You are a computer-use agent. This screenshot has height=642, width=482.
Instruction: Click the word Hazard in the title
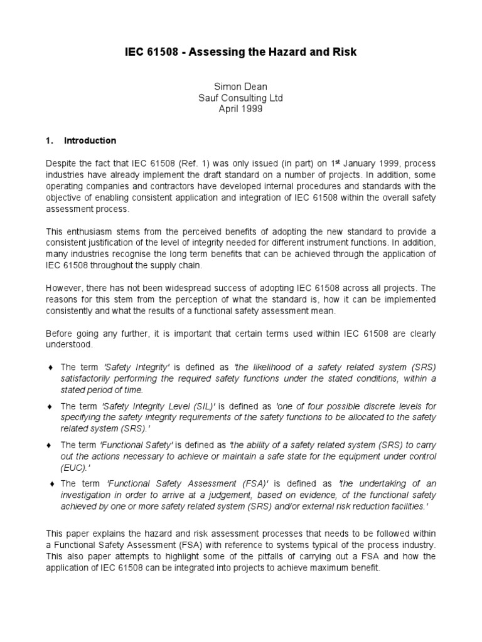(289, 52)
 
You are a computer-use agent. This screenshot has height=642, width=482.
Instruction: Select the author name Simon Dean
(241, 87)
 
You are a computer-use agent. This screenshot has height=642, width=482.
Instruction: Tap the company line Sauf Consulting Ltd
(241, 98)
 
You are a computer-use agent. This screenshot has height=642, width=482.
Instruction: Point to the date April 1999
(241, 108)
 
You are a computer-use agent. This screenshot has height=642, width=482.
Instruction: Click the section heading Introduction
(90, 140)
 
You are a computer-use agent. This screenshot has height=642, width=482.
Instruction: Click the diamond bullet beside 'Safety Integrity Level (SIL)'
(50, 406)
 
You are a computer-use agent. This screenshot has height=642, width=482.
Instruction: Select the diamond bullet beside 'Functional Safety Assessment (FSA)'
(50, 483)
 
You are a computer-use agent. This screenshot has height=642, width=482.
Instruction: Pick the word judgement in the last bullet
(227, 495)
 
